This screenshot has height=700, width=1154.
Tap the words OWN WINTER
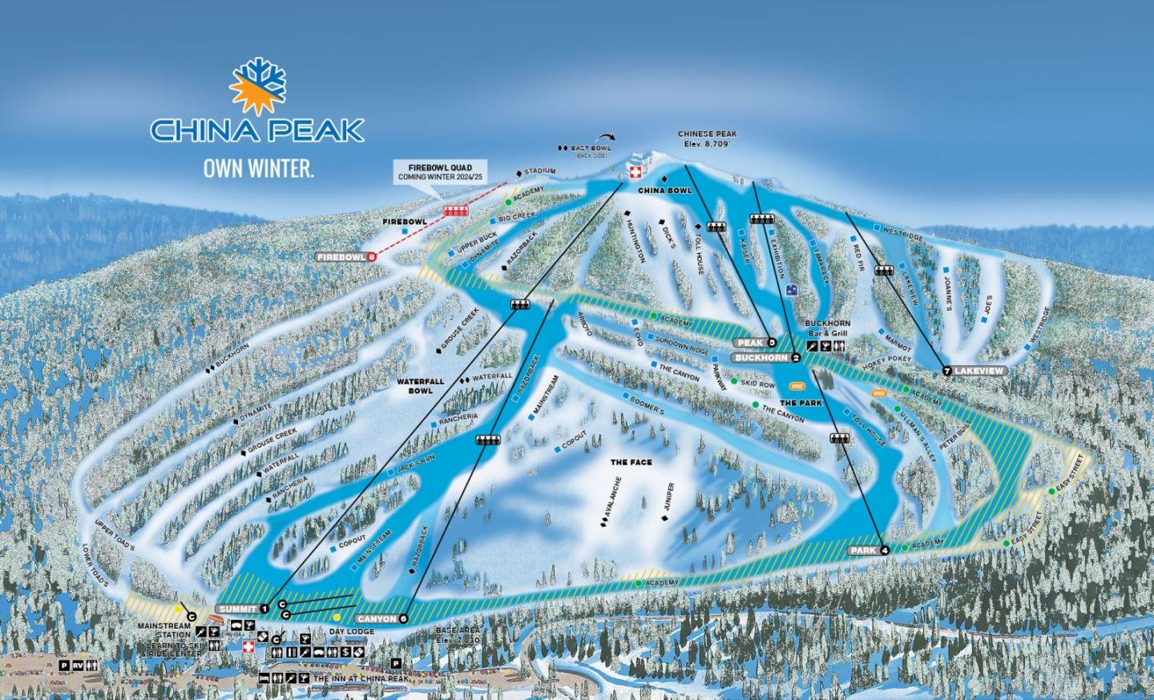point(257,169)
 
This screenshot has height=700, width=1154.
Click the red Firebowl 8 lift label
point(346,257)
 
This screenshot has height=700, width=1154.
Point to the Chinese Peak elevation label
point(707,139)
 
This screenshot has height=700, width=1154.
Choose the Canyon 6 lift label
point(381,618)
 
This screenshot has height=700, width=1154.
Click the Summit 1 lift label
point(242,609)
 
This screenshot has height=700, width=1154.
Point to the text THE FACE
point(631,462)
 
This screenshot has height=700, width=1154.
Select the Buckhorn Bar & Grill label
point(826,328)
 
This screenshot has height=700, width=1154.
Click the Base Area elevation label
point(458,635)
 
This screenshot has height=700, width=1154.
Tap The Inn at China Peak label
point(361,678)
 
